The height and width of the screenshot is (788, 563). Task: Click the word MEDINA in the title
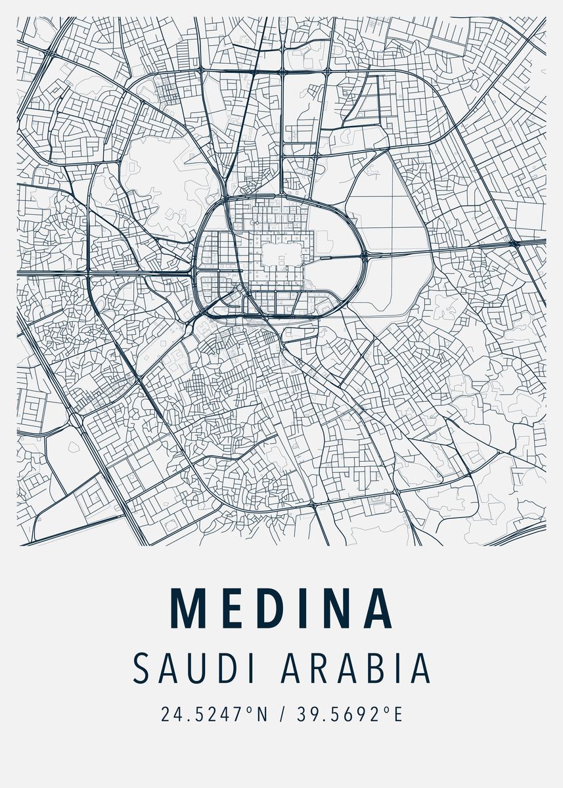coord(281,608)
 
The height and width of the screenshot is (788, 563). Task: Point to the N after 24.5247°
coord(262,714)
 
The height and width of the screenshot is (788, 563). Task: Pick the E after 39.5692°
coord(397,714)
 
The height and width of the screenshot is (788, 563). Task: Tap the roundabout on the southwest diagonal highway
coord(76,419)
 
